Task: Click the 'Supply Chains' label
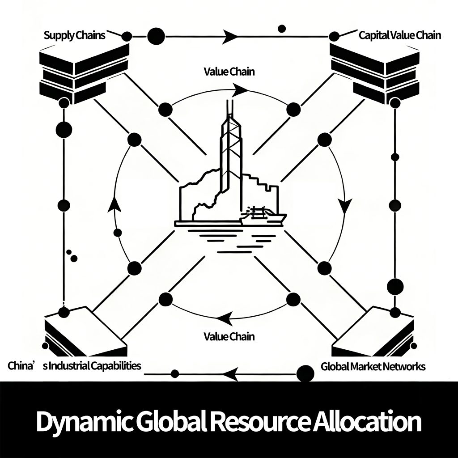(x=74, y=35)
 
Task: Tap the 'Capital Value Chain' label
(x=399, y=35)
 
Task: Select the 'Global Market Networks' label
(x=373, y=366)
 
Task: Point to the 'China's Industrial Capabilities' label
(x=74, y=366)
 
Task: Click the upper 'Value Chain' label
(x=229, y=72)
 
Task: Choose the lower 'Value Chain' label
(x=229, y=336)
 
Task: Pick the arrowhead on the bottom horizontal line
(x=229, y=374)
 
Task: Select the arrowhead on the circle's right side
(x=345, y=205)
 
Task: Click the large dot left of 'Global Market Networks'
(x=305, y=373)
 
